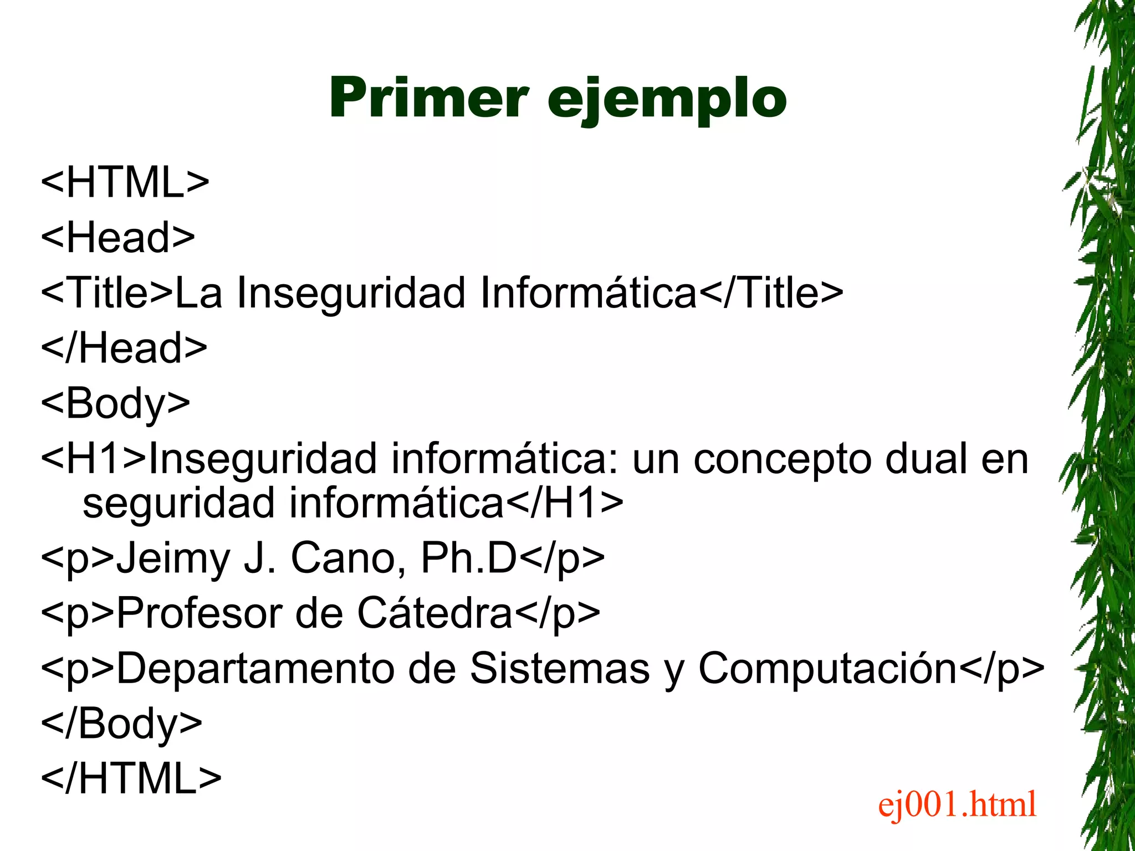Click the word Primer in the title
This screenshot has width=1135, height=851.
pyautogui.click(x=428, y=98)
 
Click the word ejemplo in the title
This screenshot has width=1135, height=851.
pyautogui.click(x=667, y=100)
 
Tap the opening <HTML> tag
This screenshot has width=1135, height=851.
pyautogui.click(x=125, y=182)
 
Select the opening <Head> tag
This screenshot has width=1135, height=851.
pyautogui.click(x=118, y=237)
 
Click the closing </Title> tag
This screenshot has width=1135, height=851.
pyautogui.click(x=771, y=293)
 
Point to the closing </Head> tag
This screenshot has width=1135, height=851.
pyautogui.click(x=124, y=348)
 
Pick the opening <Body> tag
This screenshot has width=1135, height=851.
pyautogui.click(x=116, y=403)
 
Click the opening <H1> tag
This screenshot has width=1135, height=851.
pyautogui.click(x=94, y=459)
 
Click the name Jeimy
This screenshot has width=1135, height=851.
pyautogui.click(x=173, y=558)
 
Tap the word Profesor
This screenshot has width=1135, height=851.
pyautogui.click(x=198, y=613)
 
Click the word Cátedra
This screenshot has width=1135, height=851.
pyautogui.click(x=434, y=613)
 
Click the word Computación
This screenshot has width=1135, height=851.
pyautogui.click(x=827, y=668)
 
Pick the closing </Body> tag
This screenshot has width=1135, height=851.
pyautogui.click(x=122, y=724)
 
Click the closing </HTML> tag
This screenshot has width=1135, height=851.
pyautogui.click(x=131, y=778)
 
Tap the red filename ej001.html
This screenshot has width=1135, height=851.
pyautogui.click(x=957, y=804)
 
